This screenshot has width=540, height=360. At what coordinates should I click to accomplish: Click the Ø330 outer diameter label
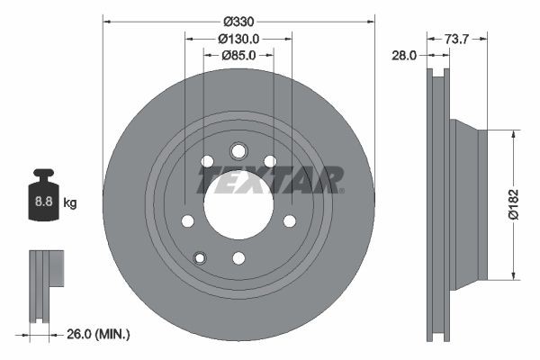pyautogui.click(x=238, y=21)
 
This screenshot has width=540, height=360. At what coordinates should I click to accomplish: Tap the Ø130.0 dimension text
pyautogui.click(x=238, y=39)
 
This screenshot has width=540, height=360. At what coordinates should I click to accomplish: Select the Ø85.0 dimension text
pyautogui.click(x=238, y=56)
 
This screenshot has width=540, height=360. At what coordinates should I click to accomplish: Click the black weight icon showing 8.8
pyautogui.click(x=42, y=195)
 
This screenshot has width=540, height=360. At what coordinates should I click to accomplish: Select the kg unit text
pyautogui.click(x=70, y=203)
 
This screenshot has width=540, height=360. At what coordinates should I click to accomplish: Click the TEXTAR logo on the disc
pyautogui.click(x=270, y=180)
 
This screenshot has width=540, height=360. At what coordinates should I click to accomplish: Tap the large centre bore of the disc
pyautogui.click(x=238, y=203)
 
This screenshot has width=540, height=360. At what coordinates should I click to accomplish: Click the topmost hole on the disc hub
pyautogui.click(x=238, y=150)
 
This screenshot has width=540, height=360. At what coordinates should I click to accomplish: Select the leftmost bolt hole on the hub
pyautogui.click(x=187, y=220)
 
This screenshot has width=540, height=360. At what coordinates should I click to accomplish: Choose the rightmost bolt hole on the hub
pyautogui.click(x=290, y=220)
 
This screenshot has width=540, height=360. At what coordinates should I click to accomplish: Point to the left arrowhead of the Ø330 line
pyautogui.click(x=107, y=21)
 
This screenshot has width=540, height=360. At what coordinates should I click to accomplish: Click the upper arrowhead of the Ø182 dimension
pyautogui.click(x=514, y=133)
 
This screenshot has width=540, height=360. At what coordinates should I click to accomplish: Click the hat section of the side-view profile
pyautogui.click(x=468, y=203)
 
